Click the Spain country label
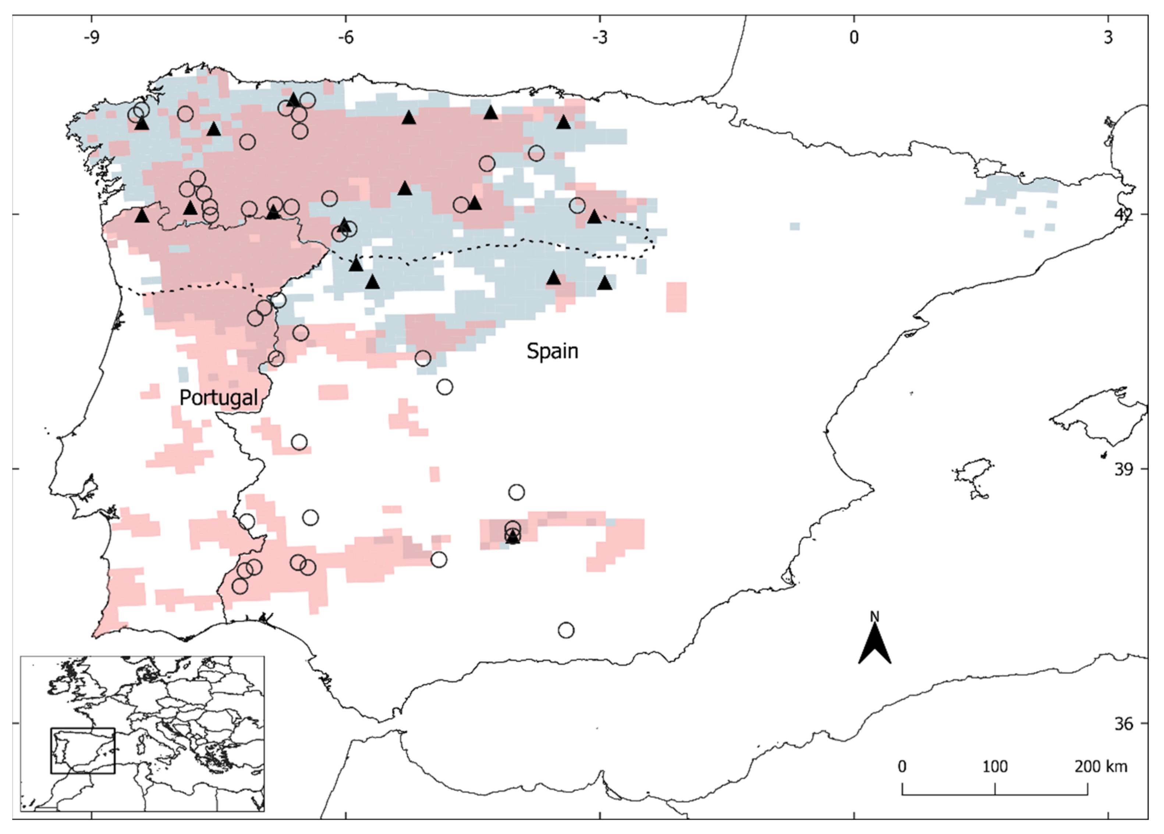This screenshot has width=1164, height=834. pyautogui.click(x=552, y=351)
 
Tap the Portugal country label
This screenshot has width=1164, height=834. pyautogui.click(x=219, y=398)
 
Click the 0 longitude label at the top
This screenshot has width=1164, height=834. pyautogui.click(x=854, y=38)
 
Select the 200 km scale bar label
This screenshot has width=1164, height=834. pyautogui.click(x=1101, y=767)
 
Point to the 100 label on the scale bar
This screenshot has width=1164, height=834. pyautogui.click(x=995, y=767)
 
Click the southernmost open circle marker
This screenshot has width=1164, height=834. pyautogui.click(x=565, y=630)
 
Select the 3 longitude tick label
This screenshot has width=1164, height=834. pyautogui.click(x=1108, y=38)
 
